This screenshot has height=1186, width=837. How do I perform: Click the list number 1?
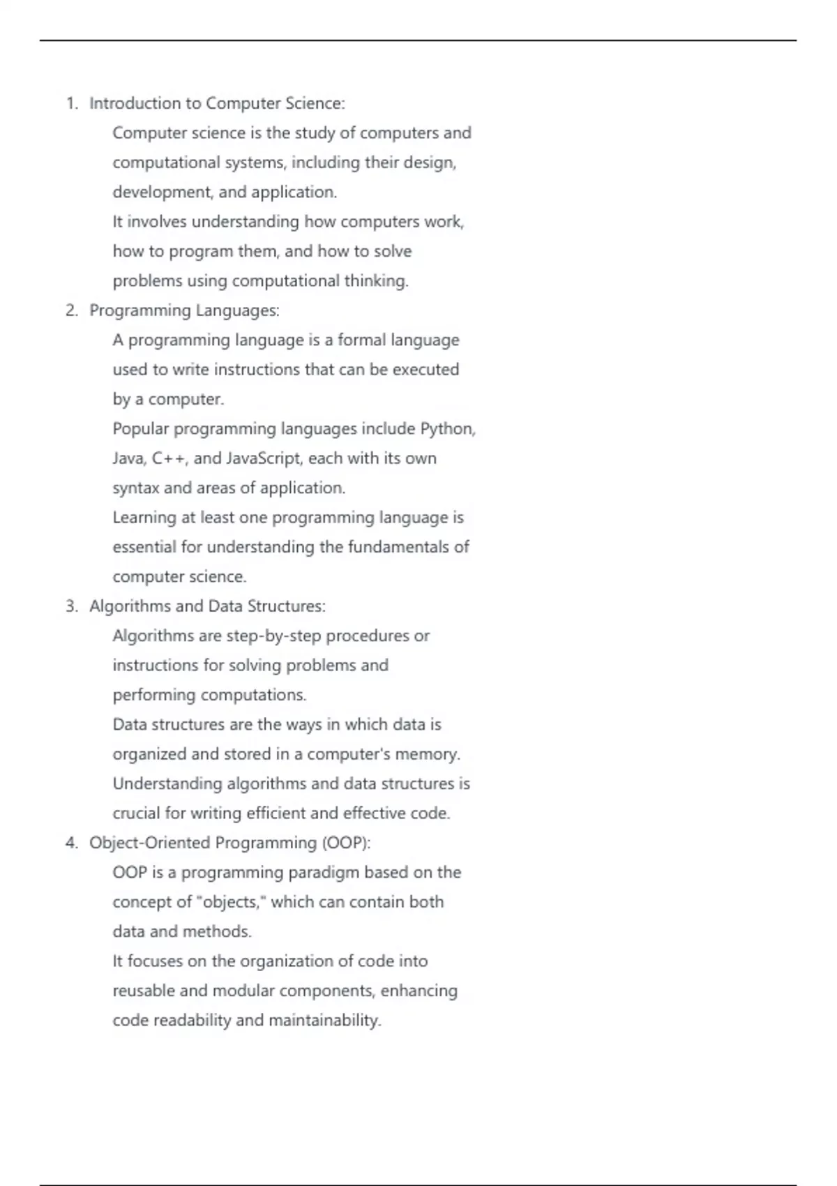point(71,104)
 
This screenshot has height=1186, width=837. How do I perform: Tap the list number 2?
point(71,311)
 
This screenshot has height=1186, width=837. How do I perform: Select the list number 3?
point(71,607)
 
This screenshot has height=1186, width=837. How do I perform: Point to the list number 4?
point(71,843)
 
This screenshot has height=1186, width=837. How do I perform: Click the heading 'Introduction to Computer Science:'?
point(217,104)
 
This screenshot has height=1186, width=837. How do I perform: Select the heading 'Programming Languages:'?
point(184,311)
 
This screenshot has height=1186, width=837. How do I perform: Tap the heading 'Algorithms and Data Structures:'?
point(207,607)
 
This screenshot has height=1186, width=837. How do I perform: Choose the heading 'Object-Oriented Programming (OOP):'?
point(229,843)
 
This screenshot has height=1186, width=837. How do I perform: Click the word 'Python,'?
point(448,429)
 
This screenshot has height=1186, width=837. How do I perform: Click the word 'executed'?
point(425,370)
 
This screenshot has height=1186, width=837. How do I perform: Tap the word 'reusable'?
point(144,991)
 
